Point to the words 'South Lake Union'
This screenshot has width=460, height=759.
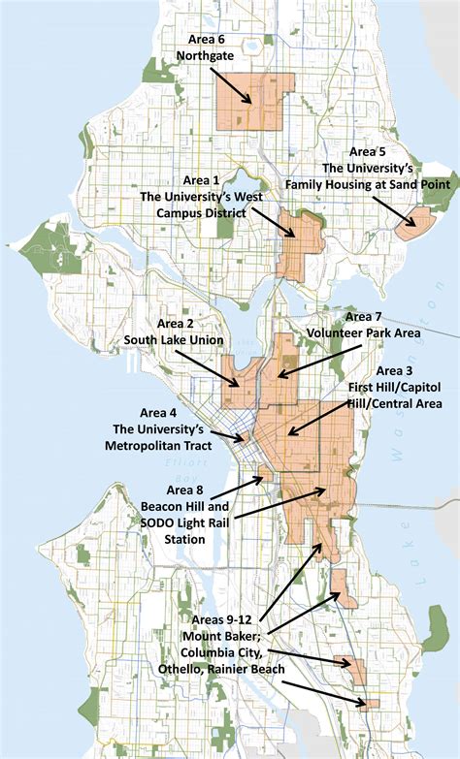pyautogui.click(x=174, y=340)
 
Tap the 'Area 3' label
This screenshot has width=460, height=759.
pyautogui.click(x=394, y=371)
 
